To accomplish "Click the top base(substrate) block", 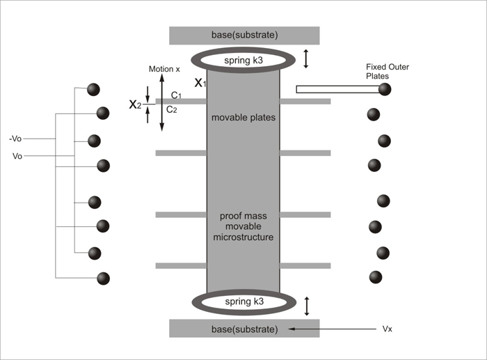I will (244, 36).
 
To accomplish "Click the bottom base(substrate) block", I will (244, 328).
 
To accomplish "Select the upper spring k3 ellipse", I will (243, 60).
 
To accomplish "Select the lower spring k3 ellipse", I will (243, 303).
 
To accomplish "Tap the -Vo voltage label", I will (20, 139).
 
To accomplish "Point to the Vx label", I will (388, 328).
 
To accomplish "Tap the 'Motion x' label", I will (165, 69).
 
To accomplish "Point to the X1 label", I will (200, 83).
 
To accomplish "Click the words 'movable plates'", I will (243, 118).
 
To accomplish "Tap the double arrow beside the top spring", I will (306, 60).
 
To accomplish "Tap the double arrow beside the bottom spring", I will (306, 304).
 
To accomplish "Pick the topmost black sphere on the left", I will (93, 90).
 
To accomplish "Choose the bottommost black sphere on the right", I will (376, 276).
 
